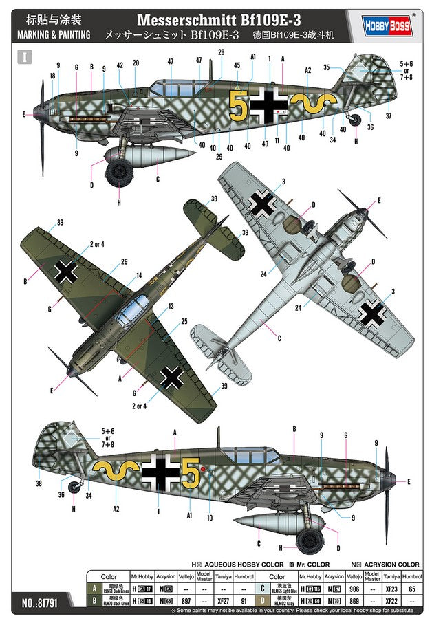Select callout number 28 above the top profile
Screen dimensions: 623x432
point(221,52)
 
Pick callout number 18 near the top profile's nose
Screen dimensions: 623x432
point(52,76)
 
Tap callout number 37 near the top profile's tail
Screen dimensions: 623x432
point(388,116)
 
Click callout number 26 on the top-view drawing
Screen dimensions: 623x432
point(125,261)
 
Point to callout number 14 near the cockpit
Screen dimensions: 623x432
point(139,275)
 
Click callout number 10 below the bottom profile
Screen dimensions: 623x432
point(210,517)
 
